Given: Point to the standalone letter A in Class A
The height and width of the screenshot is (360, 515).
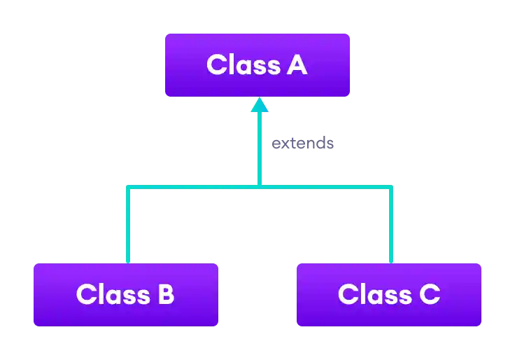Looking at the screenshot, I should [297, 65].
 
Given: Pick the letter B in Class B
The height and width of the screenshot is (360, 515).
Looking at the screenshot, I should [165, 294].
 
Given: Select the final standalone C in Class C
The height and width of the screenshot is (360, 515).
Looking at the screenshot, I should [429, 294].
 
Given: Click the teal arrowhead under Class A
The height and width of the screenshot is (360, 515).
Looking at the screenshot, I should [260, 105].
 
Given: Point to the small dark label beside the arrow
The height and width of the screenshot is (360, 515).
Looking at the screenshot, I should [302, 144].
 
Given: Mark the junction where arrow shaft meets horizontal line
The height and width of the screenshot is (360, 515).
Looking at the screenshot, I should [260, 188].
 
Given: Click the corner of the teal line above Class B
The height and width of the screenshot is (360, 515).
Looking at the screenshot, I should [128, 188].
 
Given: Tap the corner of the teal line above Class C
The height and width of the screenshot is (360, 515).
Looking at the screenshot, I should [391, 188].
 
